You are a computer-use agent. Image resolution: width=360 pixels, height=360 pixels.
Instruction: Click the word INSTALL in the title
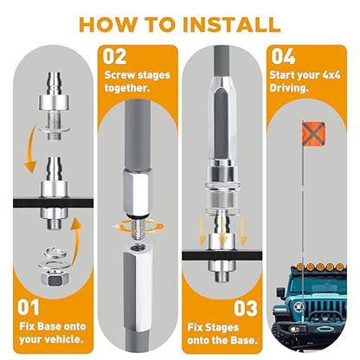click(x=232, y=24)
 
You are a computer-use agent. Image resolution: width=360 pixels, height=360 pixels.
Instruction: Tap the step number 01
click(x=28, y=307)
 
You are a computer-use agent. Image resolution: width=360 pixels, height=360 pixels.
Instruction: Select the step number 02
click(x=115, y=56)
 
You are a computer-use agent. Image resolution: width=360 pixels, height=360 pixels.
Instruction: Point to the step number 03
click(x=246, y=308)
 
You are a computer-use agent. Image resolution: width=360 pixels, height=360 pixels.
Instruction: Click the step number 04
click(x=283, y=56)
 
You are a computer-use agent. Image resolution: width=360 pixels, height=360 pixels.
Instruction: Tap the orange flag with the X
click(x=313, y=132)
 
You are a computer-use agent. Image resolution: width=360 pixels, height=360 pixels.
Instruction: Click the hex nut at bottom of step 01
click(x=55, y=279)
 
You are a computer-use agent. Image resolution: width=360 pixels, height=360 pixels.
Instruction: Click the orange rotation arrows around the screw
click(x=138, y=226)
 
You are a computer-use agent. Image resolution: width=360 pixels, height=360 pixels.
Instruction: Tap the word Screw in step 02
click(x=119, y=75)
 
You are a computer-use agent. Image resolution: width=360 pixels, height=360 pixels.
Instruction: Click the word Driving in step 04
click(x=289, y=88)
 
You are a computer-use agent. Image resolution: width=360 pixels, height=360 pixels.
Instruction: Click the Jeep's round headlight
click(x=297, y=306)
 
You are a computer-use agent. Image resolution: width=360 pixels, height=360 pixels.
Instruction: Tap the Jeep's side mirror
click(x=280, y=292)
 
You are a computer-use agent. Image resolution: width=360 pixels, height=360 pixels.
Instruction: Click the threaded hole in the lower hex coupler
click(x=138, y=247)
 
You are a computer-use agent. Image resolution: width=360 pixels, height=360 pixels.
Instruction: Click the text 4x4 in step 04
click(x=331, y=75)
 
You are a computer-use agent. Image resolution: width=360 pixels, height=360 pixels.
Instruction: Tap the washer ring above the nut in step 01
click(x=55, y=253)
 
